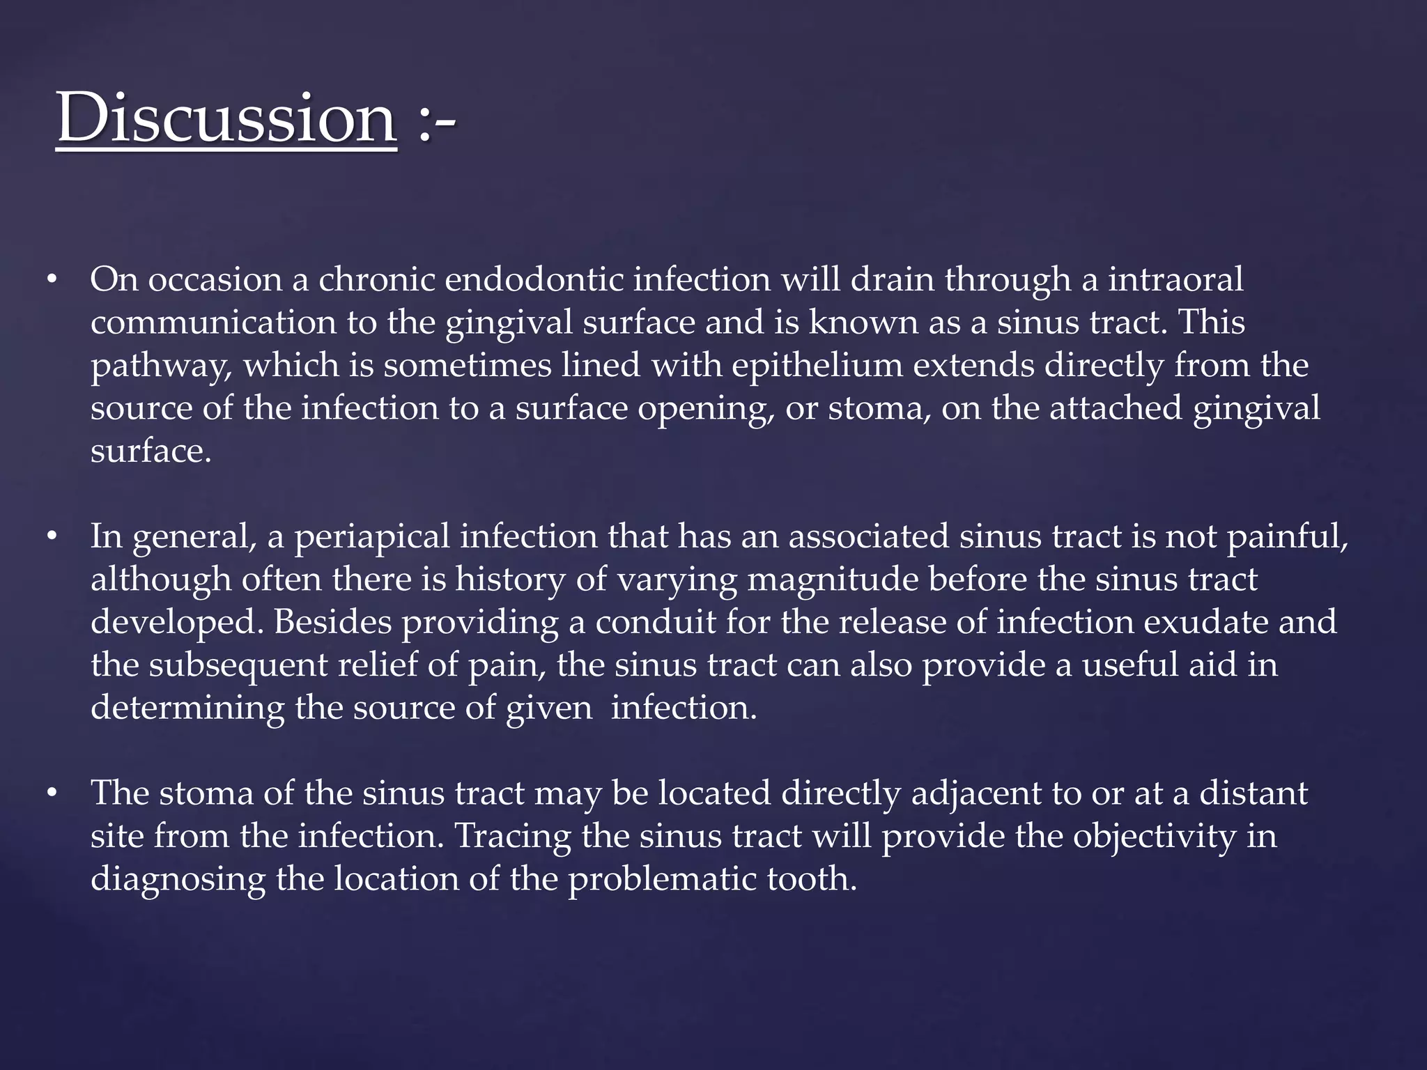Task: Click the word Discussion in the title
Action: [226, 118]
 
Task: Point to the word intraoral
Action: [1175, 280]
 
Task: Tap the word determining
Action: [187, 708]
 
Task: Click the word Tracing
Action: [513, 837]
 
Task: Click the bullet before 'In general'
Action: [51, 538]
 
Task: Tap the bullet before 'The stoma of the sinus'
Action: [51, 794]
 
